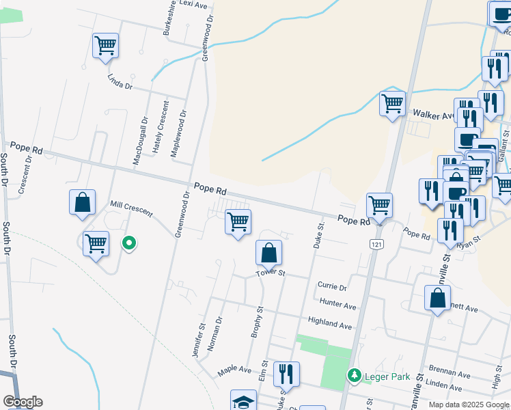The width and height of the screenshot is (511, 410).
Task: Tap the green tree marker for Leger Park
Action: [x=354, y=375]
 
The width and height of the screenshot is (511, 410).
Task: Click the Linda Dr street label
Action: [x=119, y=83]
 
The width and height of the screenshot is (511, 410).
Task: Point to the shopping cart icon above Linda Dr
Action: [x=106, y=46]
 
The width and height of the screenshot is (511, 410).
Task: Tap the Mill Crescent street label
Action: [x=132, y=209]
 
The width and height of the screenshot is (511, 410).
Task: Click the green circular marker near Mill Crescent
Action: [x=128, y=243]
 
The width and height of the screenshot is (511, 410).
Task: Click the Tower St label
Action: [x=270, y=273]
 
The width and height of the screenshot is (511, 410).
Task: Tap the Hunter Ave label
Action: [x=337, y=303]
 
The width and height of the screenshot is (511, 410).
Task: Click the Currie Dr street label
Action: [x=332, y=286]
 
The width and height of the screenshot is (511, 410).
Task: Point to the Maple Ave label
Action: [x=234, y=371]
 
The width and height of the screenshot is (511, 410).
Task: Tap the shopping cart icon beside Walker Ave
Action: [x=392, y=104]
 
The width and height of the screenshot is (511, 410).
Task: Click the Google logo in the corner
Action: [x=23, y=402]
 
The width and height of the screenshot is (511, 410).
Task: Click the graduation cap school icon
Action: [x=243, y=402]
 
